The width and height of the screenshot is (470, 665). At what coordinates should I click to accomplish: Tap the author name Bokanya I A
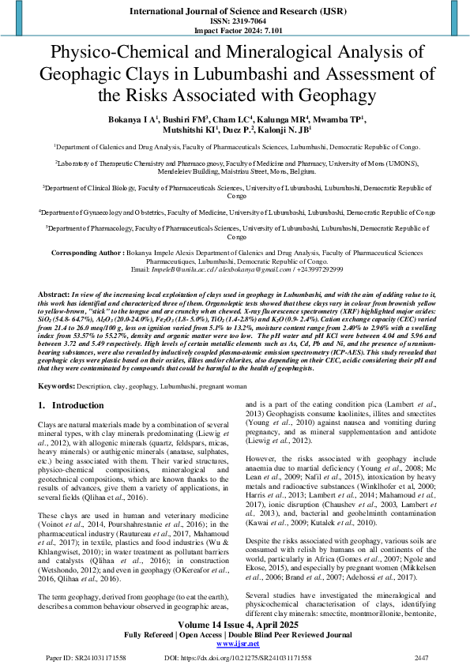click(130, 118)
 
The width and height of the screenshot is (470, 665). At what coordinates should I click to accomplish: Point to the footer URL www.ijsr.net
click(235, 644)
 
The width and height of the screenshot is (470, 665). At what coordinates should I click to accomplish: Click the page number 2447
click(422, 657)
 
